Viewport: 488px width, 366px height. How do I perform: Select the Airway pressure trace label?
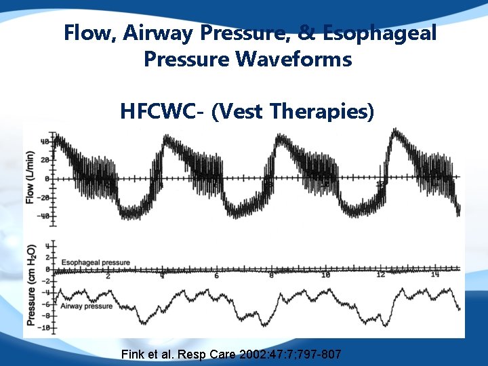point(87,306)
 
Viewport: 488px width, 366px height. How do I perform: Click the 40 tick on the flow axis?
point(44,142)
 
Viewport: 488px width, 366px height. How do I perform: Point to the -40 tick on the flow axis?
point(43,216)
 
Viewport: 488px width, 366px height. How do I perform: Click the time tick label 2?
point(108,275)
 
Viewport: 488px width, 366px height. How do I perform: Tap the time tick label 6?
point(216,275)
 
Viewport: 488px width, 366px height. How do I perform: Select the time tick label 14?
point(434,275)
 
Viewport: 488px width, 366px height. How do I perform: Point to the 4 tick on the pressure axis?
point(46,245)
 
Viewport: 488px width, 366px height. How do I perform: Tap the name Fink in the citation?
point(133,354)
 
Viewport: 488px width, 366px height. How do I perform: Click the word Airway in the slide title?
point(165,33)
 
